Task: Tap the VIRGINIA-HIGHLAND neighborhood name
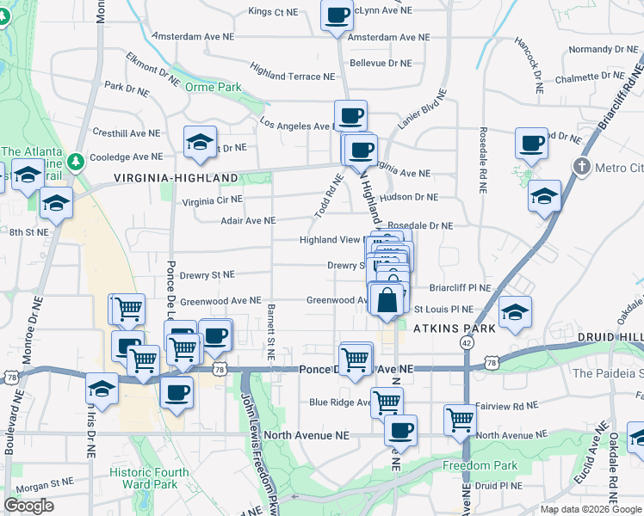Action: click(176, 178)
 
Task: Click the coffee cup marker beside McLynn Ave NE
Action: click(337, 15)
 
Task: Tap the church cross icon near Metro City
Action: click(582, 166)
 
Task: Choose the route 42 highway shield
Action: click(467, 341)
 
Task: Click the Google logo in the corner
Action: click(28, 506)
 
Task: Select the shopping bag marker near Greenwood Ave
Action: click(388, 301)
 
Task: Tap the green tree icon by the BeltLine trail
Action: click(76, 160)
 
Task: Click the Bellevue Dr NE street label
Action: click(381, 64)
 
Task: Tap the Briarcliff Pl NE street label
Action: click(460, 288)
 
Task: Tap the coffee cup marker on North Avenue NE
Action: click(400, 429)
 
